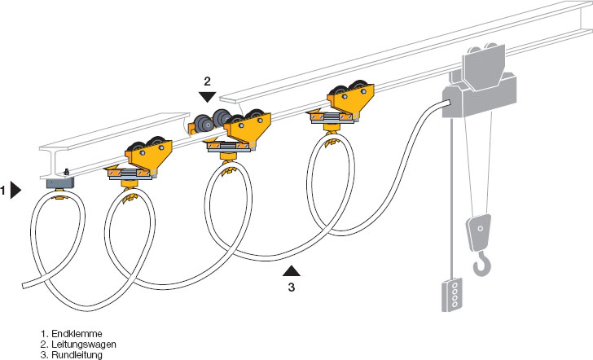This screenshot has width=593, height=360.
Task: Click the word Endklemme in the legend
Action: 77,334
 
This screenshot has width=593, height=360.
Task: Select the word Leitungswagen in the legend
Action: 84,345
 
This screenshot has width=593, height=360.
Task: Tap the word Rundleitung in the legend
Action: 77,355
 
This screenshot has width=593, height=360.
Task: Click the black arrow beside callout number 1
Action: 15,190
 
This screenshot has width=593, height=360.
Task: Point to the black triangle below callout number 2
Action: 207,97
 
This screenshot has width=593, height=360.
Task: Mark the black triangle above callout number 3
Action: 292,270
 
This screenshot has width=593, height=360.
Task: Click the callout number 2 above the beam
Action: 207,81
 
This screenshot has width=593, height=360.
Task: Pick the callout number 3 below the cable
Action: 292,287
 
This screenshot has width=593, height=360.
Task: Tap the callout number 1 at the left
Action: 2,191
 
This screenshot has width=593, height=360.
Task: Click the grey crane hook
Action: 483,264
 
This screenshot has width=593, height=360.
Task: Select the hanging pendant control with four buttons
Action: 451,295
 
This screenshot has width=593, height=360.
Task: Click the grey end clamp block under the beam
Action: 59,183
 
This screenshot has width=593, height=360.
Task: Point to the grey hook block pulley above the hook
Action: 479,231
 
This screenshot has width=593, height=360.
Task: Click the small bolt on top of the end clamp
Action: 67,172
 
